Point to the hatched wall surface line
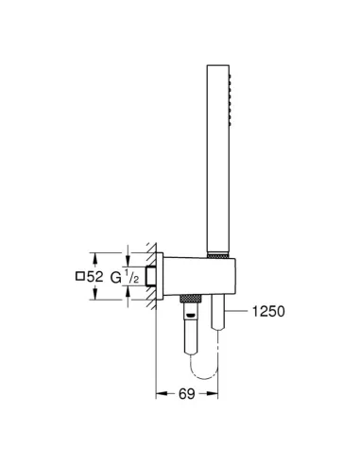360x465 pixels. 151,274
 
